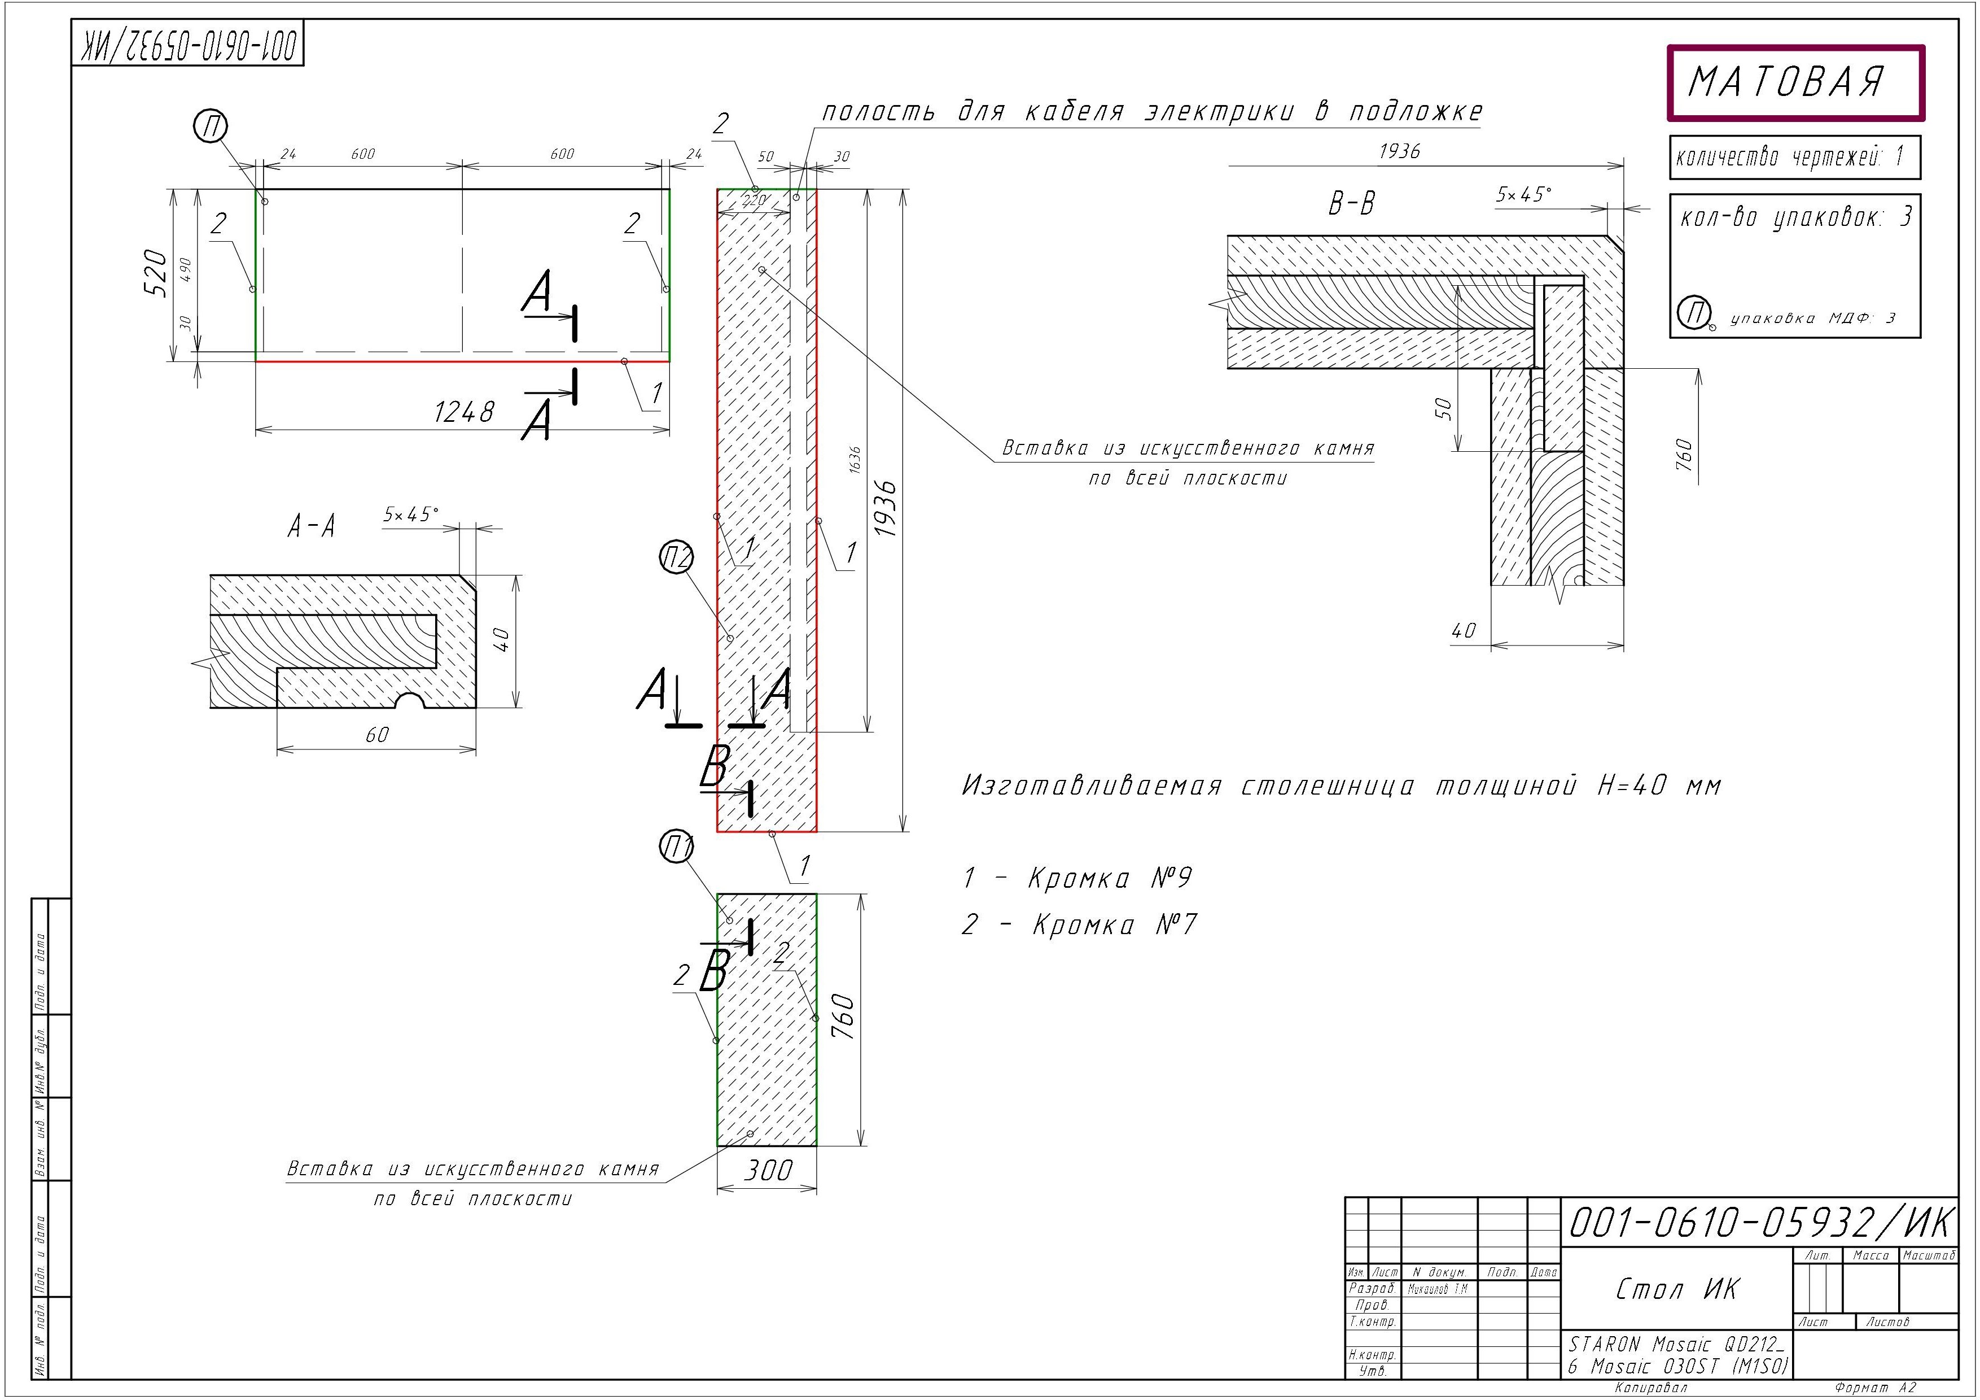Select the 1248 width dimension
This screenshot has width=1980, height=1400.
[x=464, y=412]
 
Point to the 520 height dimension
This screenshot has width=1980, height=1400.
[x=155, y=273]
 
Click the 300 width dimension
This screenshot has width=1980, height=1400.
[x=768, y=1171]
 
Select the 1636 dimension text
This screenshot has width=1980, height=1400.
[x=855, y=459]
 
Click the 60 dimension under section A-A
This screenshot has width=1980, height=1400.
[x=377, y=735]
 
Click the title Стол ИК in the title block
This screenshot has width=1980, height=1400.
[x=1677, y=1289]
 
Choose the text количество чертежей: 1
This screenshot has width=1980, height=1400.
[x=1789, y=158]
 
